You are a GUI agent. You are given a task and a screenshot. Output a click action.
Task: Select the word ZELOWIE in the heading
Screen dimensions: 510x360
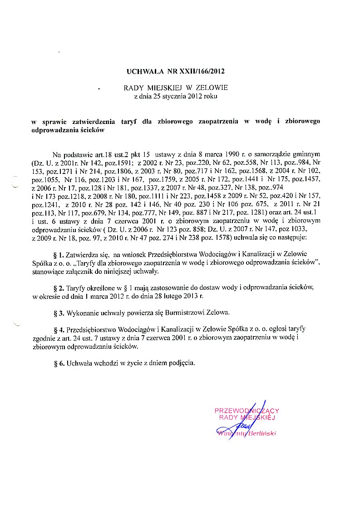click(212, 88)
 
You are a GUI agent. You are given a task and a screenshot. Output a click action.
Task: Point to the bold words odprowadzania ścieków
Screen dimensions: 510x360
click(68, 130)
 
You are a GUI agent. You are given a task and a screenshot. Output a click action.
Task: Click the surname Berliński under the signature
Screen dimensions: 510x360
click(262, 433)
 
